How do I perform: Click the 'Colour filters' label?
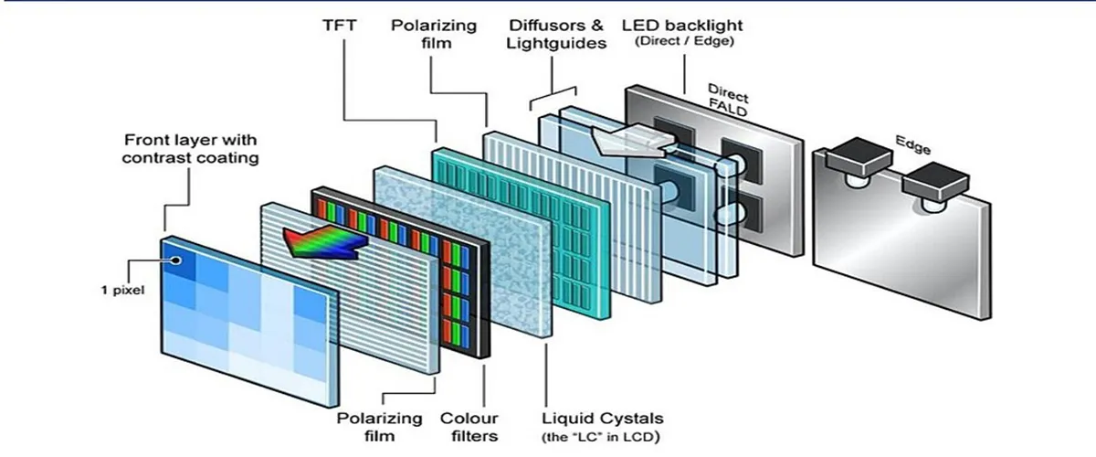[x=469, y=427]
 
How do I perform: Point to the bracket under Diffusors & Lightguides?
[x=553, y=94]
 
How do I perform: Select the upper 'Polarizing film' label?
[x=433, y=35]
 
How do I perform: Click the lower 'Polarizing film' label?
[x=380, y=427]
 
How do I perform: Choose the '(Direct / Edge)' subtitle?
[x=686, y=43]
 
